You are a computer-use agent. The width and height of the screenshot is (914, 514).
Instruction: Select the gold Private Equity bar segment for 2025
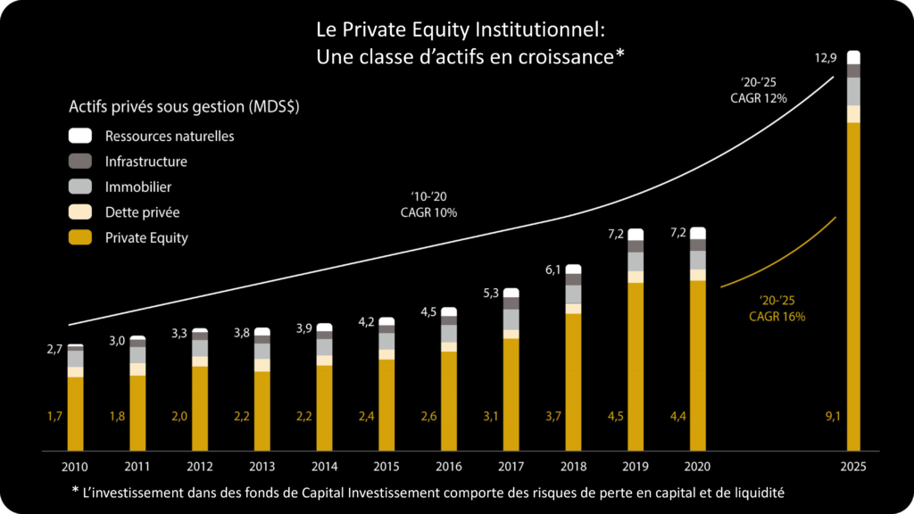pos(853,286)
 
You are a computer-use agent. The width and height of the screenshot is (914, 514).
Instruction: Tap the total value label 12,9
pos(825,58)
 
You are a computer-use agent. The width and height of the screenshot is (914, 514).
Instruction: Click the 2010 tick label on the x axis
pos(75,466)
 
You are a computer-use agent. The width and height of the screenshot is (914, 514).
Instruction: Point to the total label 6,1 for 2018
pos(553,270)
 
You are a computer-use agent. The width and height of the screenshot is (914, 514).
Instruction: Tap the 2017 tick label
pos(511,466)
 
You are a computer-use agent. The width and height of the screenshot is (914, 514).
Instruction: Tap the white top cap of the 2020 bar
pos(698,233)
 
